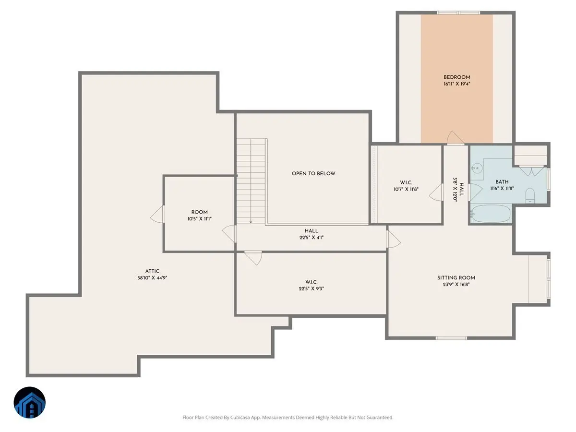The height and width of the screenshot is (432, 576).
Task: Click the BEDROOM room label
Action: point(456,77)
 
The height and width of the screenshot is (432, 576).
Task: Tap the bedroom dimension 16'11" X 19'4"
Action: point(456,84)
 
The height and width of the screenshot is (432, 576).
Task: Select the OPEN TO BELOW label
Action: point(313,173)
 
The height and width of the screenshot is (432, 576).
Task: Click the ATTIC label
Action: point(152,271)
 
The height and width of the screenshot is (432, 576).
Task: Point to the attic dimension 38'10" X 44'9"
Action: point(152,278)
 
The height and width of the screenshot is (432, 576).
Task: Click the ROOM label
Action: point(199,212)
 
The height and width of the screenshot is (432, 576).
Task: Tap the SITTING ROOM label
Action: point(456,277)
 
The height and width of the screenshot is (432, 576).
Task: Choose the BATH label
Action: point(502,181)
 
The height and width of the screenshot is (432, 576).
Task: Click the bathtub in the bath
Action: point(491,214)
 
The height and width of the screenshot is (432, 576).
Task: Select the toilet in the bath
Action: point(530,195)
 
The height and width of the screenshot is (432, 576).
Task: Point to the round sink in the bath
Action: point(477,168)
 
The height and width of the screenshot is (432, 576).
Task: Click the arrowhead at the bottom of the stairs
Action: point(251,222)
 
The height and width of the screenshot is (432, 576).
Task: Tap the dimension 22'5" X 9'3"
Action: point(311,288)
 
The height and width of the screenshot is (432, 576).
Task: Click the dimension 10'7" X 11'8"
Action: point(406,189)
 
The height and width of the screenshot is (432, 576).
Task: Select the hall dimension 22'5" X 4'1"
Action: point(311,238)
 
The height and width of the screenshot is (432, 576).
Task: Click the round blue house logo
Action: point(30,402)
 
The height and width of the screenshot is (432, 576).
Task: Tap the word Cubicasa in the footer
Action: point(240,417)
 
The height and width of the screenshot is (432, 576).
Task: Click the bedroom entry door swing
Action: point(456,137)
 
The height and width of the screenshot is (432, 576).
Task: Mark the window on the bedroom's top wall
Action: point(458,12)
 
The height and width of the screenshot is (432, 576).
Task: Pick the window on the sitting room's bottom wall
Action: point(451,338)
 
